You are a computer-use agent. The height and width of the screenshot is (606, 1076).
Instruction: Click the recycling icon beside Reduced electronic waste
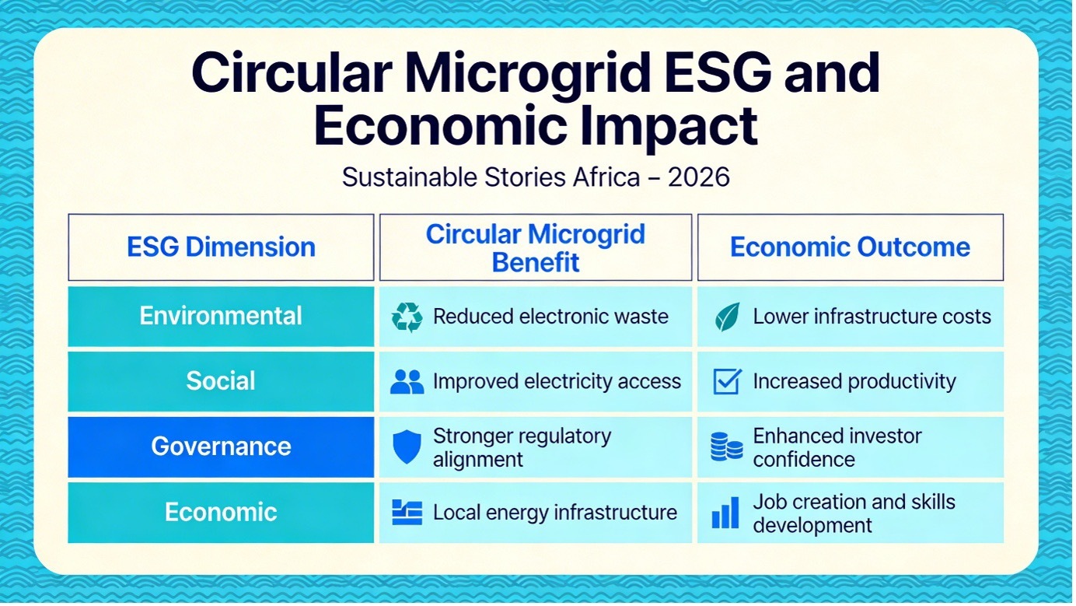point(407,317)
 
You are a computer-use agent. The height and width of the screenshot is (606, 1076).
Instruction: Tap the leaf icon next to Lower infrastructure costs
point(727,317)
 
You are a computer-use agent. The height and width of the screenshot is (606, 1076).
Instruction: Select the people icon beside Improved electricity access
point(407,382)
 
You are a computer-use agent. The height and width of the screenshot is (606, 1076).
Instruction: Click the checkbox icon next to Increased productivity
point(727,382)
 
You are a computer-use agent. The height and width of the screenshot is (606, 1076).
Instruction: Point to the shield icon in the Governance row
point(407,447)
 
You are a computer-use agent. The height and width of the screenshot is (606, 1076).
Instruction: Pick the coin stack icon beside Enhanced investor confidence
point(727,447)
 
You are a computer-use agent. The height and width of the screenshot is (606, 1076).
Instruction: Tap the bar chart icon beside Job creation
point(725,513)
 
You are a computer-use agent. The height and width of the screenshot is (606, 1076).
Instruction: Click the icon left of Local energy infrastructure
point(407,513)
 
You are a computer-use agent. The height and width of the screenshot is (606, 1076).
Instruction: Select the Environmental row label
point(221,316)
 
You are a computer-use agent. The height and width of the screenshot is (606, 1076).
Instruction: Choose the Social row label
point(221,382)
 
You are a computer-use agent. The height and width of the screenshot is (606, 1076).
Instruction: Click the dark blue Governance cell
point(221,447)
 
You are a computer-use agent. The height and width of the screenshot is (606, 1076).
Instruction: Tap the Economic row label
point(221,513)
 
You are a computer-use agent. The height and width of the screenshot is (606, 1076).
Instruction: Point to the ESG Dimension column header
point(221,247)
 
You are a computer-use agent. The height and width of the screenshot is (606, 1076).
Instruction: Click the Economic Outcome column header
point(851,247)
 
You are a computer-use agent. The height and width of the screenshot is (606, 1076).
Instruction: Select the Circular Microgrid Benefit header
point(536,247)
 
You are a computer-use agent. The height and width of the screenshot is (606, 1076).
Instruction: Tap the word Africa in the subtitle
point(606,177)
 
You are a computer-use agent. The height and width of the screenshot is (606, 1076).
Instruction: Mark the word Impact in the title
point(669,127)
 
